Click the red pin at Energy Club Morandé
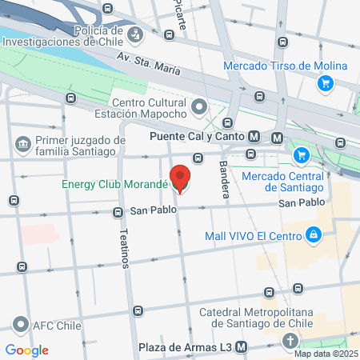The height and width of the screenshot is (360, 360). coord(180,178)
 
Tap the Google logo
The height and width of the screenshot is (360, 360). coord(27,350)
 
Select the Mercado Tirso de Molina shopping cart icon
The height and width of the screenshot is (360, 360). coord(324,82)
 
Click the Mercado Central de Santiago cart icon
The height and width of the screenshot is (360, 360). coord(302,154)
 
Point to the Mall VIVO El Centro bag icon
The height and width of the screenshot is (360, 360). coord(314,235)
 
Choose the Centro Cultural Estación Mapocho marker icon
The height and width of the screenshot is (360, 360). coord(199,105)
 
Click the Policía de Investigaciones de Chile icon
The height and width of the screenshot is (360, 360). coord(137,33)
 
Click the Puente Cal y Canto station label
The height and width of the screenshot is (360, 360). coord(198,137)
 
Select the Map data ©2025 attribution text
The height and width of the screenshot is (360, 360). coord(325,354)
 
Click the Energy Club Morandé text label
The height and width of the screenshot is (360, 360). coord(113,184)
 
